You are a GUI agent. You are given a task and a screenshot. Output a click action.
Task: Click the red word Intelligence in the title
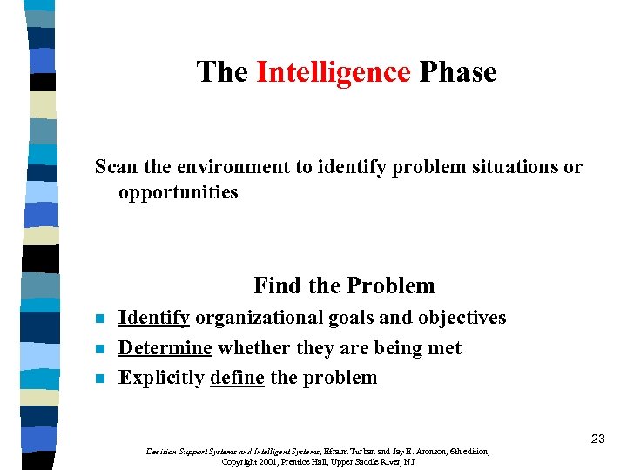[333, 72]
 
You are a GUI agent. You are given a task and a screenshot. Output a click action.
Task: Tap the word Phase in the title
[458, 72]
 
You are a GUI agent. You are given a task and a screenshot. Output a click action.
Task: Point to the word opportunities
[178, 192]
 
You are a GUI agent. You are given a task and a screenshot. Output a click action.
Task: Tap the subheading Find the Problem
[344, 285]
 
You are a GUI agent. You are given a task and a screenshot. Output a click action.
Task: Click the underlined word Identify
[154, 318]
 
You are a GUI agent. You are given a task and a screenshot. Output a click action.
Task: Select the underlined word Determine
[165, 347]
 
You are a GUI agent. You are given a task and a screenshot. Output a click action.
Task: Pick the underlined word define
[237, 377]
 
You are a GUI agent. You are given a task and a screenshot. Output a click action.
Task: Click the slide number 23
[597, 439]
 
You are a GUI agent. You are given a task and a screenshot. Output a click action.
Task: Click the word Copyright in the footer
[239, 461]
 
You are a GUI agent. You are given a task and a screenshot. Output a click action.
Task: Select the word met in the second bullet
[446, 347]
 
